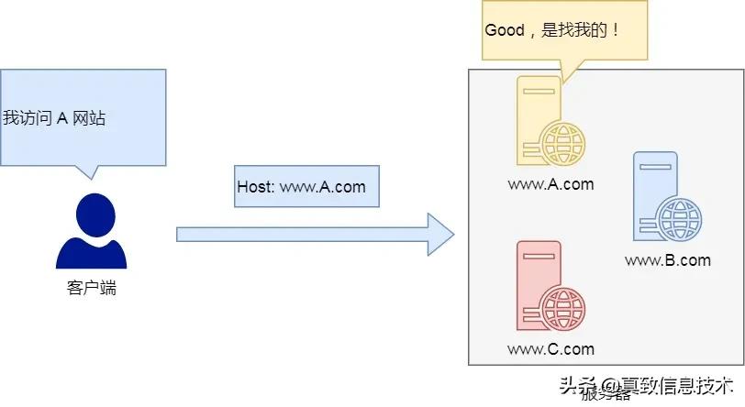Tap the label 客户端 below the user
tap(92, 289)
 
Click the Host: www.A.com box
tap(301, 187)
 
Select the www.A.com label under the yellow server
tap(550, 184)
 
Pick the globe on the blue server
tap(680, 220)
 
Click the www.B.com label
tap(667, 260)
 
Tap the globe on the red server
tap(562, 308)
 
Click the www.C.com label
tap(550, 349)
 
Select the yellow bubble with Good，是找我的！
tap(564, 31)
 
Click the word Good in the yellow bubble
tap(504, 30)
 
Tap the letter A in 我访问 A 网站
tap(62, 118)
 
